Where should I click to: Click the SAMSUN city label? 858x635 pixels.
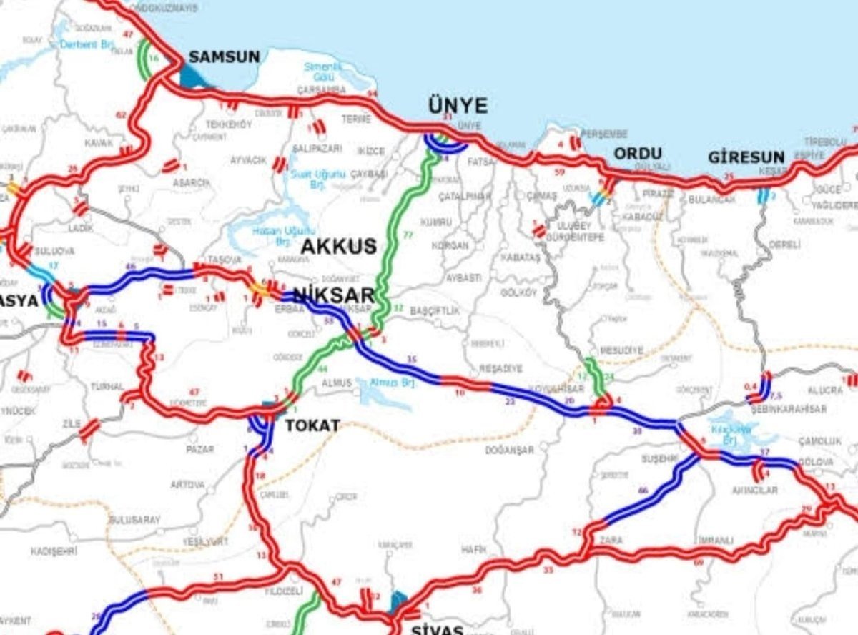click(x=224, y=57)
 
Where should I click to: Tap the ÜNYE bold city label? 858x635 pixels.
click(x=458, y=107)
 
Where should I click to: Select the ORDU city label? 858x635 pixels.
click(x=638, y=154)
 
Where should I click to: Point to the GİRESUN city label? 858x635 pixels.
click(x=746, y=157)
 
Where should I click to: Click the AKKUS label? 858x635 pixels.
click(x=338, y=247)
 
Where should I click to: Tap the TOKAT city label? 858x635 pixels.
click(x=312, y=425)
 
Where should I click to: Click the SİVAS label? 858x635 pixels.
click(x=438, y=629)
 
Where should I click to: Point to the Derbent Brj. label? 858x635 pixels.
click(x=98, y=44)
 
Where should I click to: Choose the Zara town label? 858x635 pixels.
click(x=611, y=540)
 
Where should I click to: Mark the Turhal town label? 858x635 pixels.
click(x=107, y=386)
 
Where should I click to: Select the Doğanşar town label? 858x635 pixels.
click(x=509, y=450)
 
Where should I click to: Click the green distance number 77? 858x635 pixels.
click(x=409, y=234)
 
